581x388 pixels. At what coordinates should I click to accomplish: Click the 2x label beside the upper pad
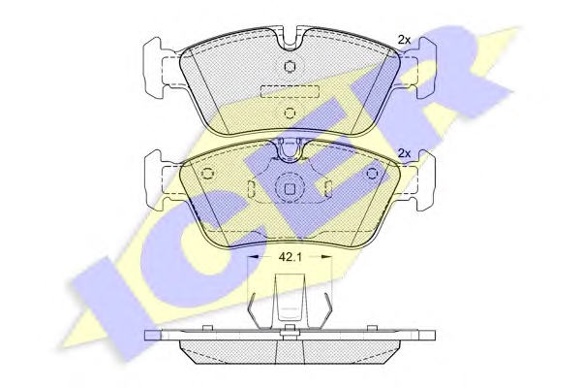404,40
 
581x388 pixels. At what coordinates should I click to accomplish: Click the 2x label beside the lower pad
404,153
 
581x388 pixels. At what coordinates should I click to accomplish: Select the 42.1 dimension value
290,257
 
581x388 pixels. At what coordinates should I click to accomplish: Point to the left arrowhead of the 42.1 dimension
253,256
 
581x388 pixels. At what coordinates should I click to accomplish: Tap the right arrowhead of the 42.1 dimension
327,256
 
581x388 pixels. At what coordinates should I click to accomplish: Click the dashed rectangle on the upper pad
290,91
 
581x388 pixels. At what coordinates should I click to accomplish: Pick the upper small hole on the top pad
290,67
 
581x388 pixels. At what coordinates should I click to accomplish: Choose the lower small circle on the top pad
290,113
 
